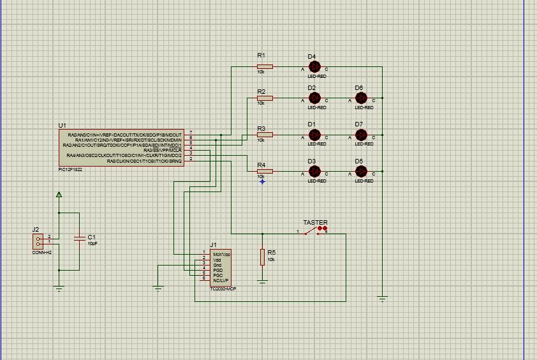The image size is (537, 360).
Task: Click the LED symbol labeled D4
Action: coord(314,66)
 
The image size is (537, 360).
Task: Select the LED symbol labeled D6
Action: coord(361,98)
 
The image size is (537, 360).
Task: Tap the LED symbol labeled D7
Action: coord(361,135)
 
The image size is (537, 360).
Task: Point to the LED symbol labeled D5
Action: coord(361,171)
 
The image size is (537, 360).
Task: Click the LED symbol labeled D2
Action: coord(314,98)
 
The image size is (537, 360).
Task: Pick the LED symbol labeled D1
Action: coord(314,135)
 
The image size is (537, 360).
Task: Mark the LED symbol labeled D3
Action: coord(314,171)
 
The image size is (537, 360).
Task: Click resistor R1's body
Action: coord(265,66)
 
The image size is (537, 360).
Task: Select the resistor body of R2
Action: coord(265,98)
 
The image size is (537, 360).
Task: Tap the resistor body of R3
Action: coord(265,135)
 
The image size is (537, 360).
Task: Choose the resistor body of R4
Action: coord(265,171)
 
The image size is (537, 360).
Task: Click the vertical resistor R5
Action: coord(262,257)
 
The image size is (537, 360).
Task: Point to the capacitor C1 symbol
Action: coord(79,238)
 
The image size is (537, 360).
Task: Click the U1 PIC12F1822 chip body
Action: coord(121,148)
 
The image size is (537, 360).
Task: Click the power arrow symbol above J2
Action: coord(59,195)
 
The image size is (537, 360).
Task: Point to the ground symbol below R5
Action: coord(262,281)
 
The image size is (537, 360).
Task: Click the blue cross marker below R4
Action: coord(262,181)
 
